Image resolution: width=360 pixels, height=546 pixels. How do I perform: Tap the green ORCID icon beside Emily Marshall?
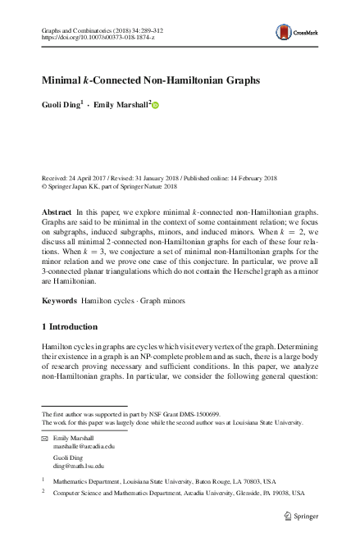155,105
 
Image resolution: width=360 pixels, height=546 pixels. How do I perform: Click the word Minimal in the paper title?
66,82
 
